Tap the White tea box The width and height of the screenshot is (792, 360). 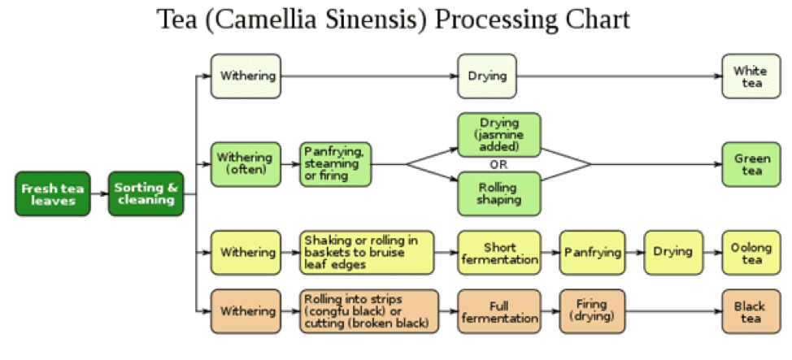750,76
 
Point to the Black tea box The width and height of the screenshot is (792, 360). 750,311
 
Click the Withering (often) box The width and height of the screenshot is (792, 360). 246,164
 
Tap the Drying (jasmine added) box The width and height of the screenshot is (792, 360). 499,134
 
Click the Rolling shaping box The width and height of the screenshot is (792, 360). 499,193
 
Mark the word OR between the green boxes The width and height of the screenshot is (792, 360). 499,164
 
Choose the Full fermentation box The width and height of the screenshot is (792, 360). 499,311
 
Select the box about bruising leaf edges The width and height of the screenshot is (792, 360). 366,252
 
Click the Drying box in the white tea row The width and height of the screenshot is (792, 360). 487,76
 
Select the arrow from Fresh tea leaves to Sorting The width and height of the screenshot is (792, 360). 101,193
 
